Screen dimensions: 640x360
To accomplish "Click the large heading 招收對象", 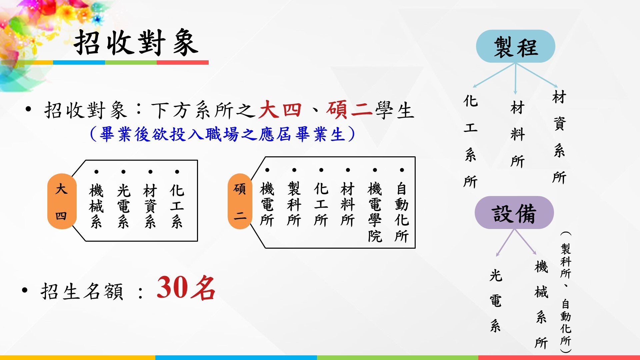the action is (x=136, y=43).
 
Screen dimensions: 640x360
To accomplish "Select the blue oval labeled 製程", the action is (x=515, y=46).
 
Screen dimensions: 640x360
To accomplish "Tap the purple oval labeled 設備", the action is (x=514, y=213).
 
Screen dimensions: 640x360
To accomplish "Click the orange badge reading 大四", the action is (x=62, y=201).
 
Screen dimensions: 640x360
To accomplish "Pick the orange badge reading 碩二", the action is (x=240, y=201).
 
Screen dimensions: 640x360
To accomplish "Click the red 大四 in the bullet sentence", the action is (x=280, y=110).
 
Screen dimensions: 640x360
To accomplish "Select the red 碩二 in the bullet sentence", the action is (x=349, y=110).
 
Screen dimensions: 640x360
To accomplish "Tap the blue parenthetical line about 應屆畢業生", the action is (x=222, y=134).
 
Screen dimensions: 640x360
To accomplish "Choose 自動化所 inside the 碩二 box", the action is (x=402, y=212).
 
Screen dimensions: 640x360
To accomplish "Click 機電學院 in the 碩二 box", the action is (x=375, y=212).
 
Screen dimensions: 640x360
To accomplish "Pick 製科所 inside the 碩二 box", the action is (x=294, y=204).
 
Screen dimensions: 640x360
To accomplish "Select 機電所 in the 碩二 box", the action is (x=267, y=204).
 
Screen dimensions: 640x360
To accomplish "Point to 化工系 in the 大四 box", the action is (x=177, y=206).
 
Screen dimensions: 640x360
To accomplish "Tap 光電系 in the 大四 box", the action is (x=123, y=206).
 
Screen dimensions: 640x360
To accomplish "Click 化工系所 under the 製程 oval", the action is (x=471, y=141).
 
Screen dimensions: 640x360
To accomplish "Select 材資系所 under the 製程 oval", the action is (x=559, y=137).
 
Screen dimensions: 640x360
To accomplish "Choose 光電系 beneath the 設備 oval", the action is (x=496, y=301).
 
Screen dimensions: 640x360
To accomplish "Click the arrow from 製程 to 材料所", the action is (x=515, y=79).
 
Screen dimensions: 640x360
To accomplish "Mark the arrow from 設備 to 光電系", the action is (x=505, y=243).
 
